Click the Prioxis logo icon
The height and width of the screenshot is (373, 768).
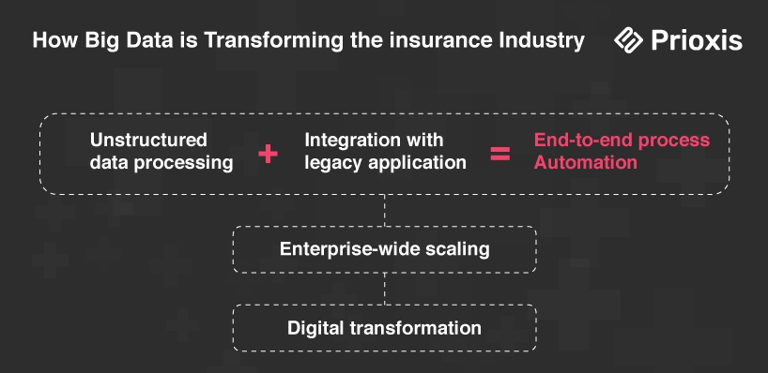(628, 40)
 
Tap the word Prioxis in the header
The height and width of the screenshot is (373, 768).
(697, 40)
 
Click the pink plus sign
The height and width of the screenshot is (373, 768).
(268, 154)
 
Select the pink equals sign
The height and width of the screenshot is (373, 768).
(500, 154)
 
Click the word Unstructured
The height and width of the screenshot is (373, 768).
(148, 141)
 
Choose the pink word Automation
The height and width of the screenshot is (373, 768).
(585, 162)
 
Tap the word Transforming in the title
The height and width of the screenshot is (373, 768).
(274, 40)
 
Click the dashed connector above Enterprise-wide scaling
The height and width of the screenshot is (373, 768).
(385, 210)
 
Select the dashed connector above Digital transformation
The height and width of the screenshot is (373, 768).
(385, 289)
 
